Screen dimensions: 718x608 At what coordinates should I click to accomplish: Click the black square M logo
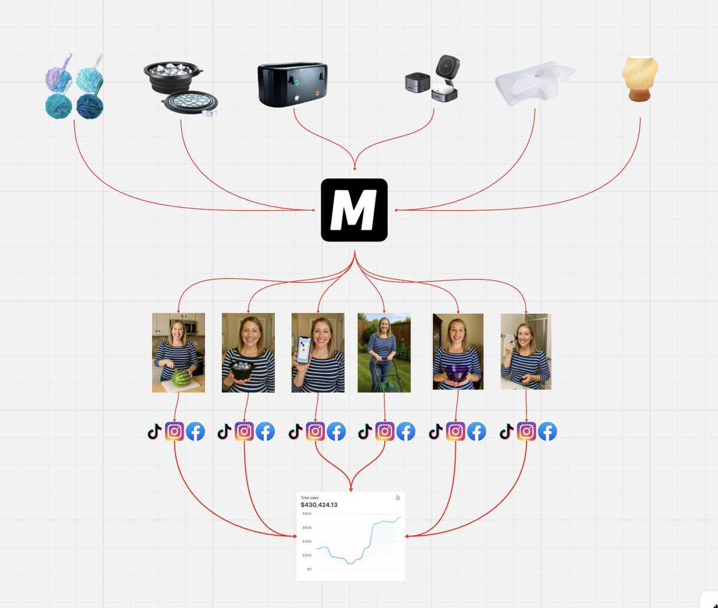[x=354, y=210]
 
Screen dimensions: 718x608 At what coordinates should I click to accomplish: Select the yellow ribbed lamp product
[x=640, y=78]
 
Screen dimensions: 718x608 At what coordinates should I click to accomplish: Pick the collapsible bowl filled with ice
[x=180, y=88]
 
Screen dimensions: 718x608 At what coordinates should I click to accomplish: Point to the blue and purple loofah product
[x=74, y=87]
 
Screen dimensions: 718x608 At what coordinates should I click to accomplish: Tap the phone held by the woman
[x=304, y=350]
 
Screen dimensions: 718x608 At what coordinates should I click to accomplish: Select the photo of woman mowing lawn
[x=384, y=353]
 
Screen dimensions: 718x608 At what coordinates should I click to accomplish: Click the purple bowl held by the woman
[x=457, y=374]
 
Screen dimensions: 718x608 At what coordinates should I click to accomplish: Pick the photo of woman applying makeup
[x=526, y=352]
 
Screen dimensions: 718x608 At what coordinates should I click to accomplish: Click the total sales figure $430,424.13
[x=319, y=505]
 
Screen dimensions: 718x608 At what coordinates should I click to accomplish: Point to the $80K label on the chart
[x=307, y=514]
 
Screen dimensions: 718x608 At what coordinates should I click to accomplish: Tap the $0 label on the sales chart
[x=309, y=569]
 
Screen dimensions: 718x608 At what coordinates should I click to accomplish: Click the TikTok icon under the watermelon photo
[x=154, y=431]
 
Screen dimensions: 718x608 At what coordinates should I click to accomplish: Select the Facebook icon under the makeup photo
[x=547, y=431]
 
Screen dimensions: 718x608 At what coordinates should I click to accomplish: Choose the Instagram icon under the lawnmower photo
[x=385, y=431]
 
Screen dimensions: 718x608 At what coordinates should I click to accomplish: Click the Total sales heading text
[x=309, y=498]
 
